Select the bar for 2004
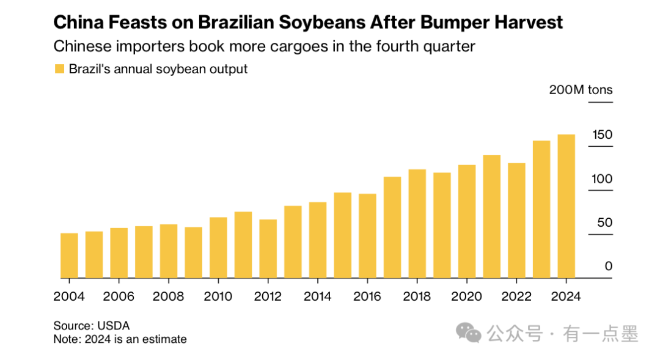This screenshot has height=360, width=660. pyautogui.click(x=69, y=255)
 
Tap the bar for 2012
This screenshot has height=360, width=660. pyautogui.click(x=268, y=249)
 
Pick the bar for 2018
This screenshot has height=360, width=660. pyautogui.click(x=417, y=224)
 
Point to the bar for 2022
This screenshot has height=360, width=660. pyautogui.click(x=517, y=221)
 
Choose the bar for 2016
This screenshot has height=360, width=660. pyautogui.click(x=367, y=236)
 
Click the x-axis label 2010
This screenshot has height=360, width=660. pyautogui.click(x=218, y=296)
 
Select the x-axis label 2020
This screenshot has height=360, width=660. pyautogui.click(x=467, y=296)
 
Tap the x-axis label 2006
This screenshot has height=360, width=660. pyautogui.click(x=119, y=296)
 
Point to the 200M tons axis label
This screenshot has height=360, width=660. pyautogui.click(x=581, y=90)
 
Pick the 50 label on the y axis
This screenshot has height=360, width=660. pyautogui.click(x=604, y=222)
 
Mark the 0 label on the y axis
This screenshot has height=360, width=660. pyautogui.click(x=609, y=266)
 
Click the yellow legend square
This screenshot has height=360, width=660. pyautogui.click(x=59, y=69)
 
